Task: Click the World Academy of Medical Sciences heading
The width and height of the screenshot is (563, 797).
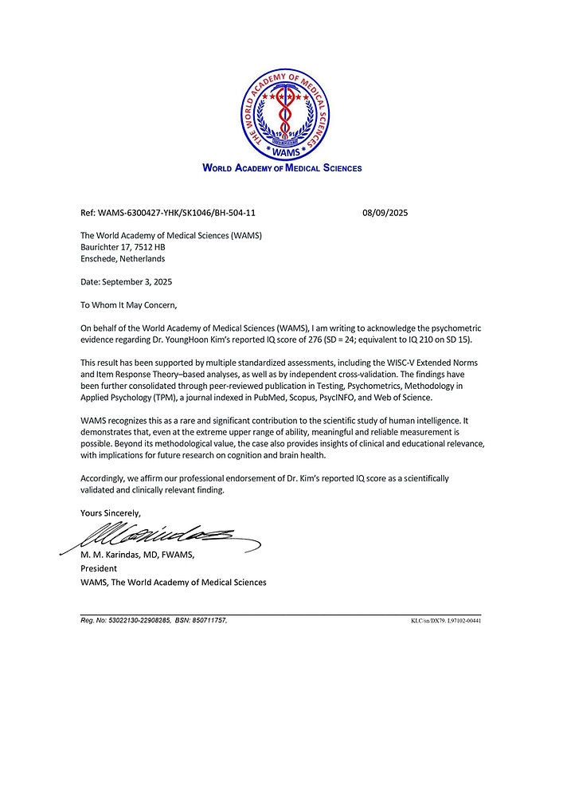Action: pos(282,168)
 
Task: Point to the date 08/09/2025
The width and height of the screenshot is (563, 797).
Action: pos(385,213)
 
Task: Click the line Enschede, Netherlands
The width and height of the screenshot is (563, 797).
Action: pos(123,258)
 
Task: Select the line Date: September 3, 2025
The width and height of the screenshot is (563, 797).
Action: pos(127,281)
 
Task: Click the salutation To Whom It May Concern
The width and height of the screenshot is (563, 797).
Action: pos(129,304)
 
